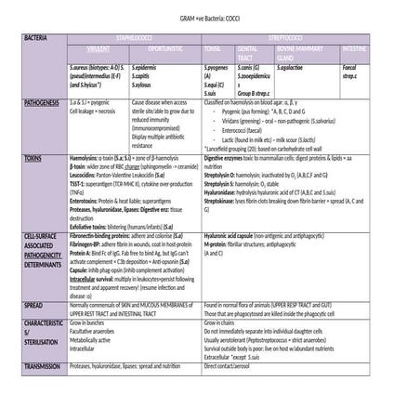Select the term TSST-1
click(80, 181)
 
